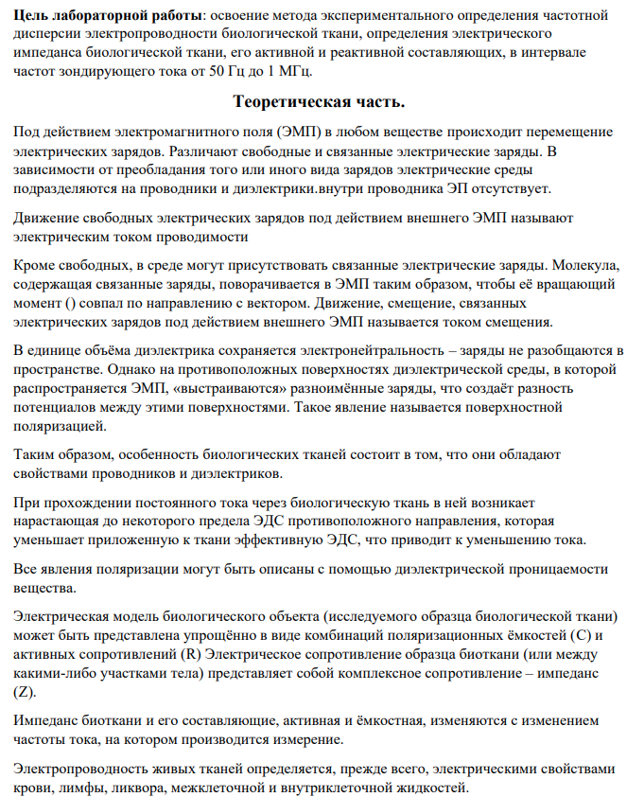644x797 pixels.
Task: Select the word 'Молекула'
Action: [586, 265]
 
